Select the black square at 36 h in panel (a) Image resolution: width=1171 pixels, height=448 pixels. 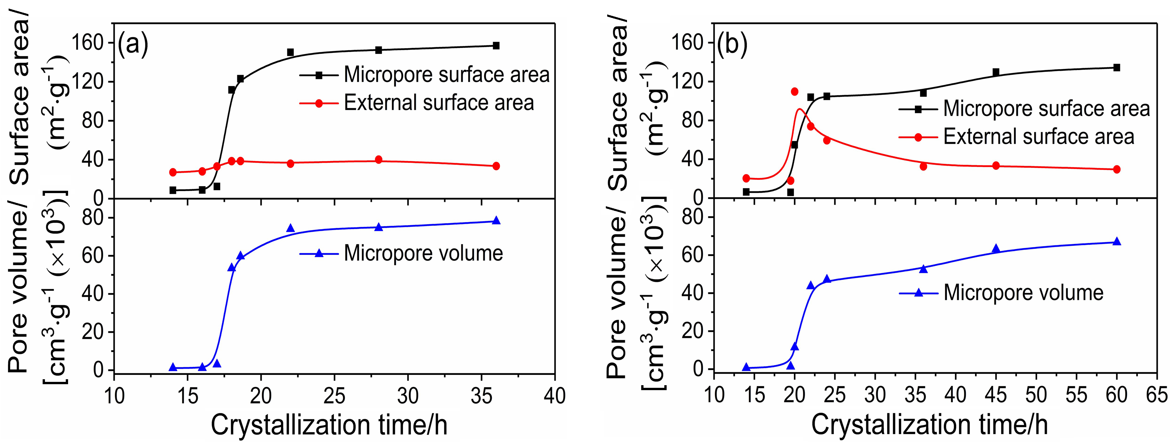click(496, 46)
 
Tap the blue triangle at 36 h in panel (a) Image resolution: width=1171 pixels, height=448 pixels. click(496, 221)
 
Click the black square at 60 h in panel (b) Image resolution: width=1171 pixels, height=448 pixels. click(1116, 67)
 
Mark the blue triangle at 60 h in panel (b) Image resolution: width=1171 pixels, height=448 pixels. click(1116, 241)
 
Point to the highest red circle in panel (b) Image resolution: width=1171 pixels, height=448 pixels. click(795, 92)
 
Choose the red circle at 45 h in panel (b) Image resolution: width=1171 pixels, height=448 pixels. click(996, 166)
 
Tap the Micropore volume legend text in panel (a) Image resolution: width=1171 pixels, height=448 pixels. click(423, 253)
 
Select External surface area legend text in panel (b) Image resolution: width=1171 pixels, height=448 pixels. click(1039, 137)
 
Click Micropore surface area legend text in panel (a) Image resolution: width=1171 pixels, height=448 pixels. click(447, 75)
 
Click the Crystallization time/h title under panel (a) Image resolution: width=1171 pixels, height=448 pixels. click(329, 425)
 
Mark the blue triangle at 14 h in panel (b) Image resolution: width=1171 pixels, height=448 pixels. click(746, 367)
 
